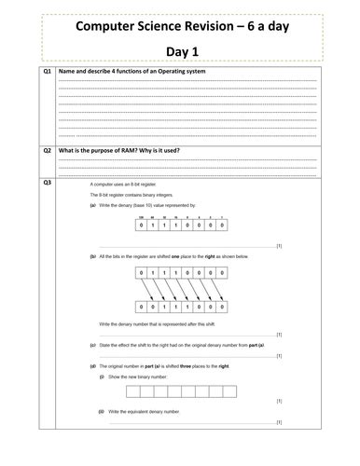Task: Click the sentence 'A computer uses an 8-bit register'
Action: (121, 185)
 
